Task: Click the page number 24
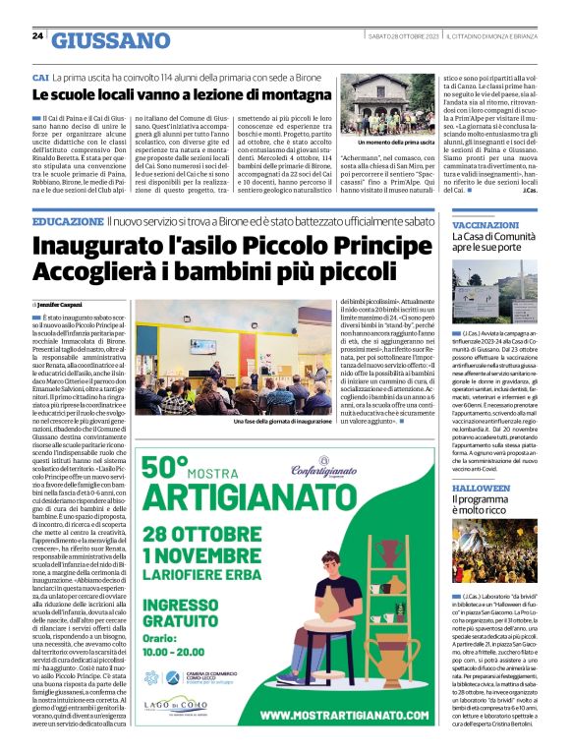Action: [x=37, y=36]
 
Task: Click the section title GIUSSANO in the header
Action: [x=110, y=40]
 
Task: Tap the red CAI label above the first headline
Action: [x=40, y=77]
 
